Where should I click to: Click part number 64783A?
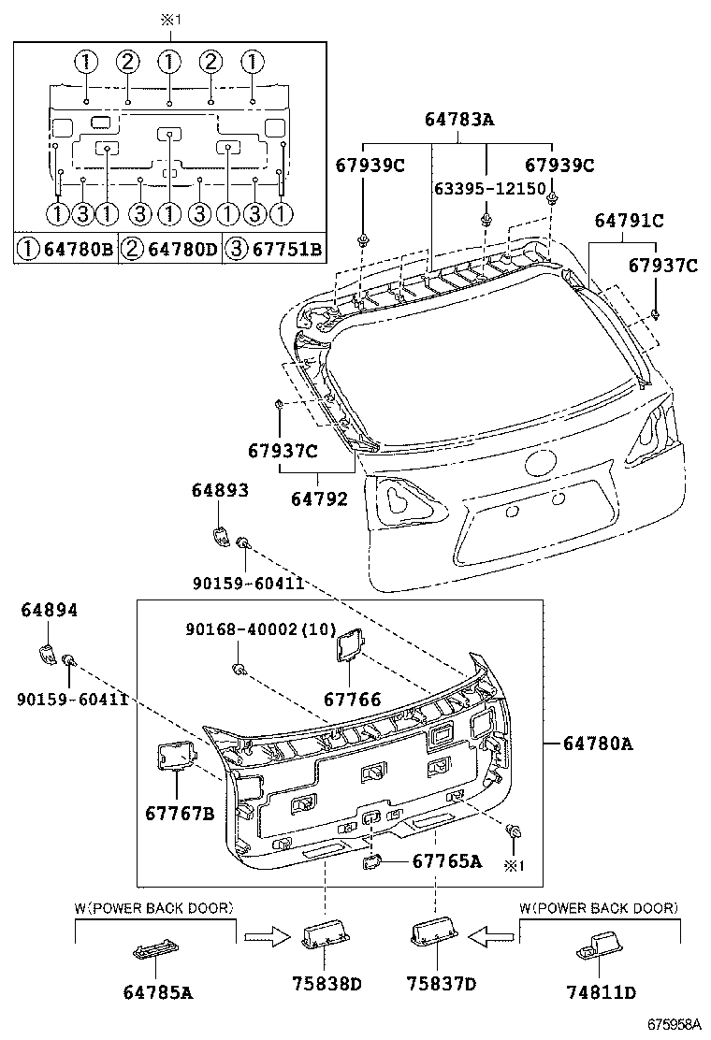tap(458, 119)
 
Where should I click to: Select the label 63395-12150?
tap(489, 188)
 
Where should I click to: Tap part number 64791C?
tap(630, 221)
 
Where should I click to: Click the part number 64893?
tap(220, 490)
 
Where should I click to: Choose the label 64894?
tap(50, 611)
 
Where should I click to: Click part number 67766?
tap(353, 699)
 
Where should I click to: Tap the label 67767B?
tap(180, 813)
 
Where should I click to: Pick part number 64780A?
tap(599, 744)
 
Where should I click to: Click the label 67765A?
tap(446, 860)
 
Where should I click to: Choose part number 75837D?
tap(441, 983)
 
